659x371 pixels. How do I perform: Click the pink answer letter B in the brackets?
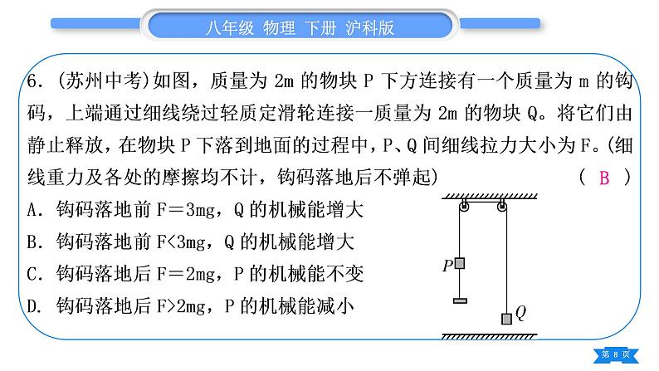(x=604, y=178)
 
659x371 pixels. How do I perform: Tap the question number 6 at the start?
(x=32, y=81)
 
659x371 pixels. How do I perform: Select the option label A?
(x=32, y=209)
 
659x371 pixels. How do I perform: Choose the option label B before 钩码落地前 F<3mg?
(x=32, y=242)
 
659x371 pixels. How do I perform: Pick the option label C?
(x=32, y=274)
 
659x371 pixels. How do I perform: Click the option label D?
(x=32, y=306)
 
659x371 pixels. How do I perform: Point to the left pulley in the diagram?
(x=464, y=206)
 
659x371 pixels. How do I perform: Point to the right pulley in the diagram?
(x=501, y=206)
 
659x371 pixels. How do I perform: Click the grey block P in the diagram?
(x=460, y=263)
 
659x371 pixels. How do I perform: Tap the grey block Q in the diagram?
(x=506, y=319)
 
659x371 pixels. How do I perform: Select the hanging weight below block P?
(x=460, y=300)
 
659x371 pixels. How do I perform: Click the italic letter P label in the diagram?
(x=448, y=266)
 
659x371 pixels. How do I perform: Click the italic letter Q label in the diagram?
(x=520, y=313)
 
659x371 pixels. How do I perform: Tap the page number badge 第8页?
(x=616, y=355)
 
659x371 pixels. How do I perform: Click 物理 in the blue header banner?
(x=279, y=28)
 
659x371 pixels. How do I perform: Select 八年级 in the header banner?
(x=229, y=28)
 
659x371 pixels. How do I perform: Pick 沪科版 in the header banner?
(x=370, y=28)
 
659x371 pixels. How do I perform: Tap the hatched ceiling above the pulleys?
(x=490, y=196)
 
